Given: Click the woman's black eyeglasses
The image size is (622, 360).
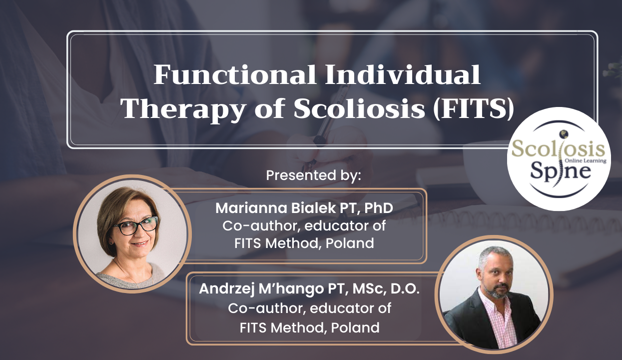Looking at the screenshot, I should coord(135,225).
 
